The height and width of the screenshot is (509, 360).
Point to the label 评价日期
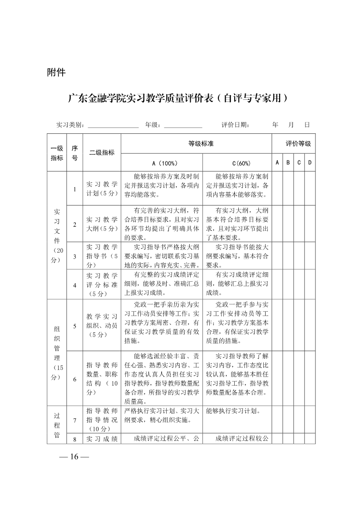(x=235, y=124)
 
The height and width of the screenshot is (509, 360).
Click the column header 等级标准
(x=201, y=143)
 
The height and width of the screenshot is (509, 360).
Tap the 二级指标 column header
(x=102, y=153)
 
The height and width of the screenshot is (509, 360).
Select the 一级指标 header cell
(x=57, y=153)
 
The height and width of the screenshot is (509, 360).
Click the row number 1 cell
(x=74, y=189)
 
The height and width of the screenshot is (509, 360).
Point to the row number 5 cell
(x=74, y=326)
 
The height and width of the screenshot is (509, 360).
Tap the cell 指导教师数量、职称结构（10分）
(x=102, y=378)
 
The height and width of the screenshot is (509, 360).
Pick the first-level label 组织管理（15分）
(x=57, y=352)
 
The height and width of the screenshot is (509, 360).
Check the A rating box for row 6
(x=277, y=378)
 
